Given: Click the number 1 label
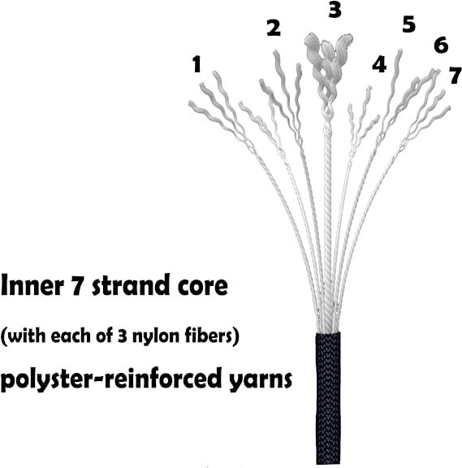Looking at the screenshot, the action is pyautogui.click(x=196, y=65).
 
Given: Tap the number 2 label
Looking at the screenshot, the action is pyautogui.click(x=274, y=28).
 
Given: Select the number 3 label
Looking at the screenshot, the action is pyautogui.click(x=335, y=9).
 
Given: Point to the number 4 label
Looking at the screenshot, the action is pyautogui.click(x=379, y=64).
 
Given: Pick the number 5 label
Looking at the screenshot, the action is pyautogui.click(x=408, y=24).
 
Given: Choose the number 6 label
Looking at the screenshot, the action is pyautogui.click(x=441, y=45).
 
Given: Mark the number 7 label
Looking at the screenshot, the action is pyautogui.click(x=456, y=76).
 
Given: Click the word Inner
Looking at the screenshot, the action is pyautogui.click(x=32, y=285).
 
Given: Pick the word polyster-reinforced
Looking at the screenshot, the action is pyautogui.click(x=112, y=379).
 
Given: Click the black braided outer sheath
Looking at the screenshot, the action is pyautogui.click(x=328, y=398).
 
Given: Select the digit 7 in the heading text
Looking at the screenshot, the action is pyautogui.click(x=76, y=286).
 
